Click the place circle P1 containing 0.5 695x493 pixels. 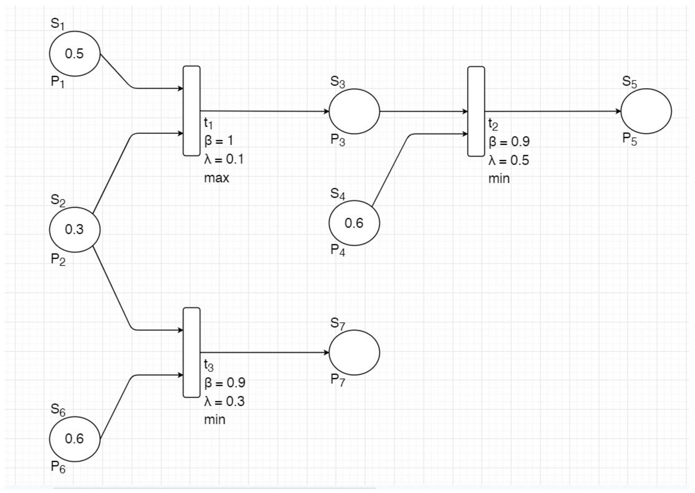[75, 54]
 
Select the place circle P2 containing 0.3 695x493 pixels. [75, 230]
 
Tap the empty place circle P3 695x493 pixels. [354, 112]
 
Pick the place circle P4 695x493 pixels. [354, 223]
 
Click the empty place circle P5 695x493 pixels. [646, 112]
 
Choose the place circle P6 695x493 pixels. [75, 439]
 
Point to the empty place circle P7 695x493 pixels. [354, 353]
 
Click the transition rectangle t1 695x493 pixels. [192, 111]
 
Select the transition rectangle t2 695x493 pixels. [476, 112]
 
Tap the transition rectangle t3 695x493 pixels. [192, 352]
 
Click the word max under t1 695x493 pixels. [216, 178]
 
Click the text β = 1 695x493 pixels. [219, 141]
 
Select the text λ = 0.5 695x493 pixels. [509, 160]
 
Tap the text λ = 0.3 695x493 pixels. [224, 401]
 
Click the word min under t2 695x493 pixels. [499, 179]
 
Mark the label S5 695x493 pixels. [630, 82]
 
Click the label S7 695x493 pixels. [338, 324]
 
